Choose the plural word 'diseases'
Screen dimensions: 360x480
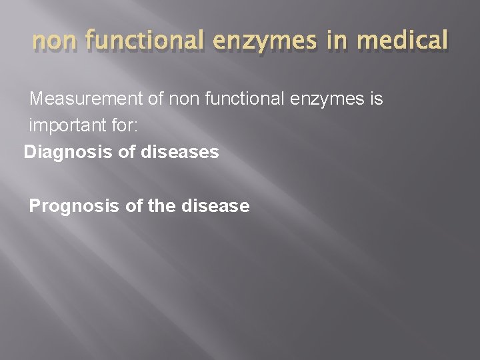(x=180, y=153)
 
